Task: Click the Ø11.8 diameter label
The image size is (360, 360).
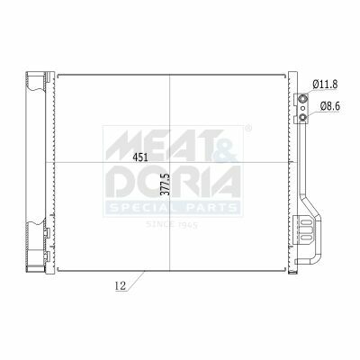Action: point(325,85)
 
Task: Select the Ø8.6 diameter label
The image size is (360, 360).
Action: point(329,106)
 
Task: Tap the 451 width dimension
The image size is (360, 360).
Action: point(140,157)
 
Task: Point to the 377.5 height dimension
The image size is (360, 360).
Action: point(166,184)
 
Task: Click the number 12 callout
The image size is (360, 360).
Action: point(121,286)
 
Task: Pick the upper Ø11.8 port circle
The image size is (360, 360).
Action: point(303,98)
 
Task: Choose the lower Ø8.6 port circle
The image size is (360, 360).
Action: point(303,118)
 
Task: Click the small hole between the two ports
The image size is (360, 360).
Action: point(303,108)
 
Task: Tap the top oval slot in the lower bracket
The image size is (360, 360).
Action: point(306,223)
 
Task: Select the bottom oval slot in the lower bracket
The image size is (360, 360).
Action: point(306,238)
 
